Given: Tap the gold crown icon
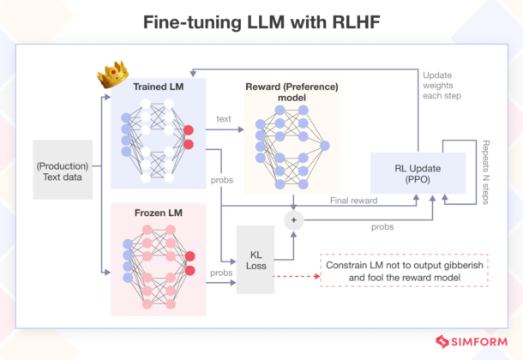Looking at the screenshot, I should tap(109, 76).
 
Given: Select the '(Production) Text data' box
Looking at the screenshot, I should tap(63, 170).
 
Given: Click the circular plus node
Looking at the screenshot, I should tap(294, 219).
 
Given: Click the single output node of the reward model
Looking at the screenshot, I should tap(324, 146).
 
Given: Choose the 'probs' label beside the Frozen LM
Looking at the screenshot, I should tap(221, 273).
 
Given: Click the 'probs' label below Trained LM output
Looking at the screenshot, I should tap(220, 181).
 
